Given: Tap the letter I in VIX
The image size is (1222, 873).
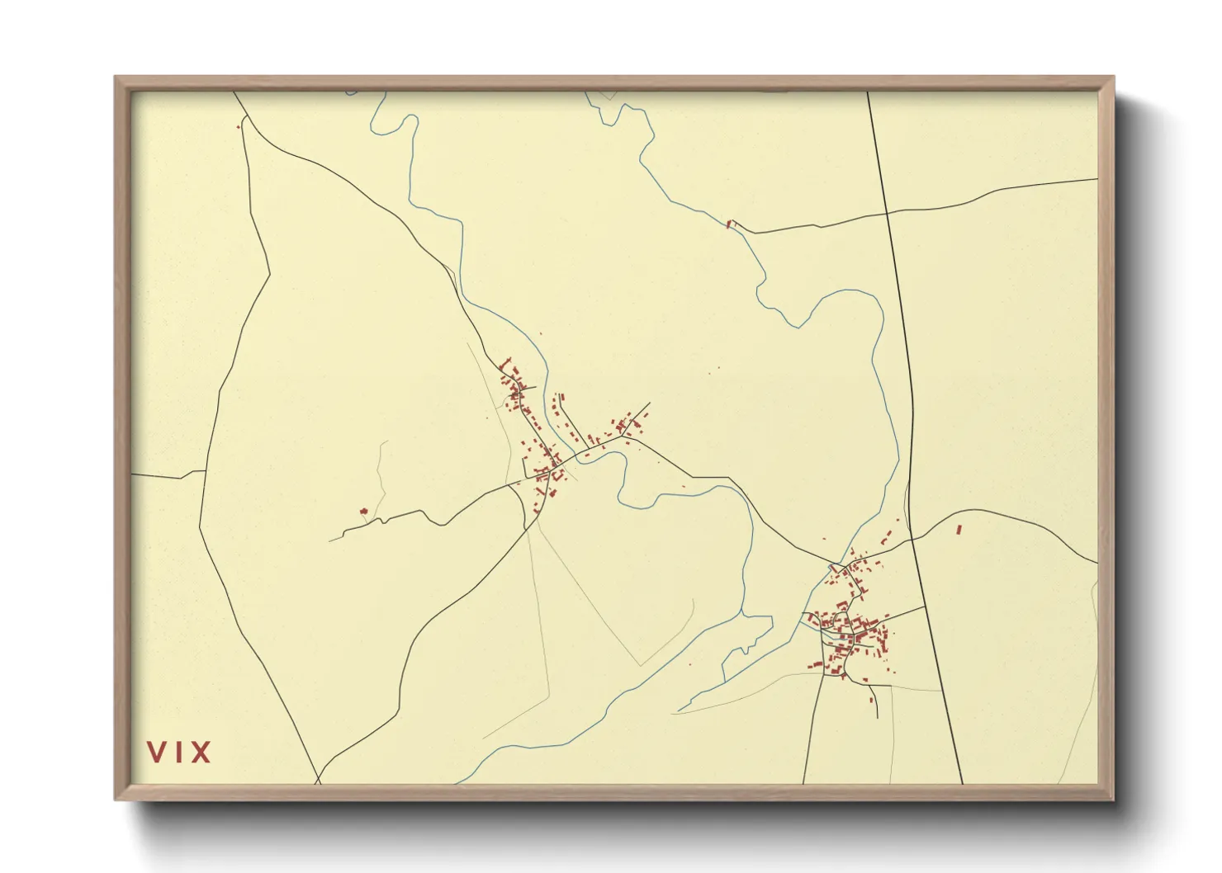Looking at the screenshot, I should click(179, 753).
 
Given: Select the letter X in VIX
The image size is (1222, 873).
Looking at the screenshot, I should click(201, 753).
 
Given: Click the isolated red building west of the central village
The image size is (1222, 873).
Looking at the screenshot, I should click(362, 512).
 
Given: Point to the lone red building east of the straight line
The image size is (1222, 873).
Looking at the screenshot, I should click(959, 529).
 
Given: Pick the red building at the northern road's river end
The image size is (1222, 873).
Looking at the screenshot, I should click(729, 223).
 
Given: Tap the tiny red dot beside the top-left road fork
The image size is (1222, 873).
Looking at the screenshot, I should click(239, 127).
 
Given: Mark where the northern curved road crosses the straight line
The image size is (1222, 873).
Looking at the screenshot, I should click(887, 212).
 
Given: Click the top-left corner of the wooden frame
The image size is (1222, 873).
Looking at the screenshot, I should click(116, 78).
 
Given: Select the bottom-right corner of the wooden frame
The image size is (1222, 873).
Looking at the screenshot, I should click(1114, 800).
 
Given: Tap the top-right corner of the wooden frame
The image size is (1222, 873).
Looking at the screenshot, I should click(1114, 78).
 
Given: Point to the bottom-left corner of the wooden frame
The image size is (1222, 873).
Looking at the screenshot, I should click(116, 800).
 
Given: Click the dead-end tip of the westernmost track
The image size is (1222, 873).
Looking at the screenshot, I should click(329, 540).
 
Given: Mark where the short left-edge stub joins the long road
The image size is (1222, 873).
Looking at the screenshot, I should click(204, 471).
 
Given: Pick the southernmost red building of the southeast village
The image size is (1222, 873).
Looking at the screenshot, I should click(872, 701).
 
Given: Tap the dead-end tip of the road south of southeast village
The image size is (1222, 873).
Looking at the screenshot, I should click(878, 718).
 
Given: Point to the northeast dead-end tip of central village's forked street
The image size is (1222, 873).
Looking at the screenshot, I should click(650, 403).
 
